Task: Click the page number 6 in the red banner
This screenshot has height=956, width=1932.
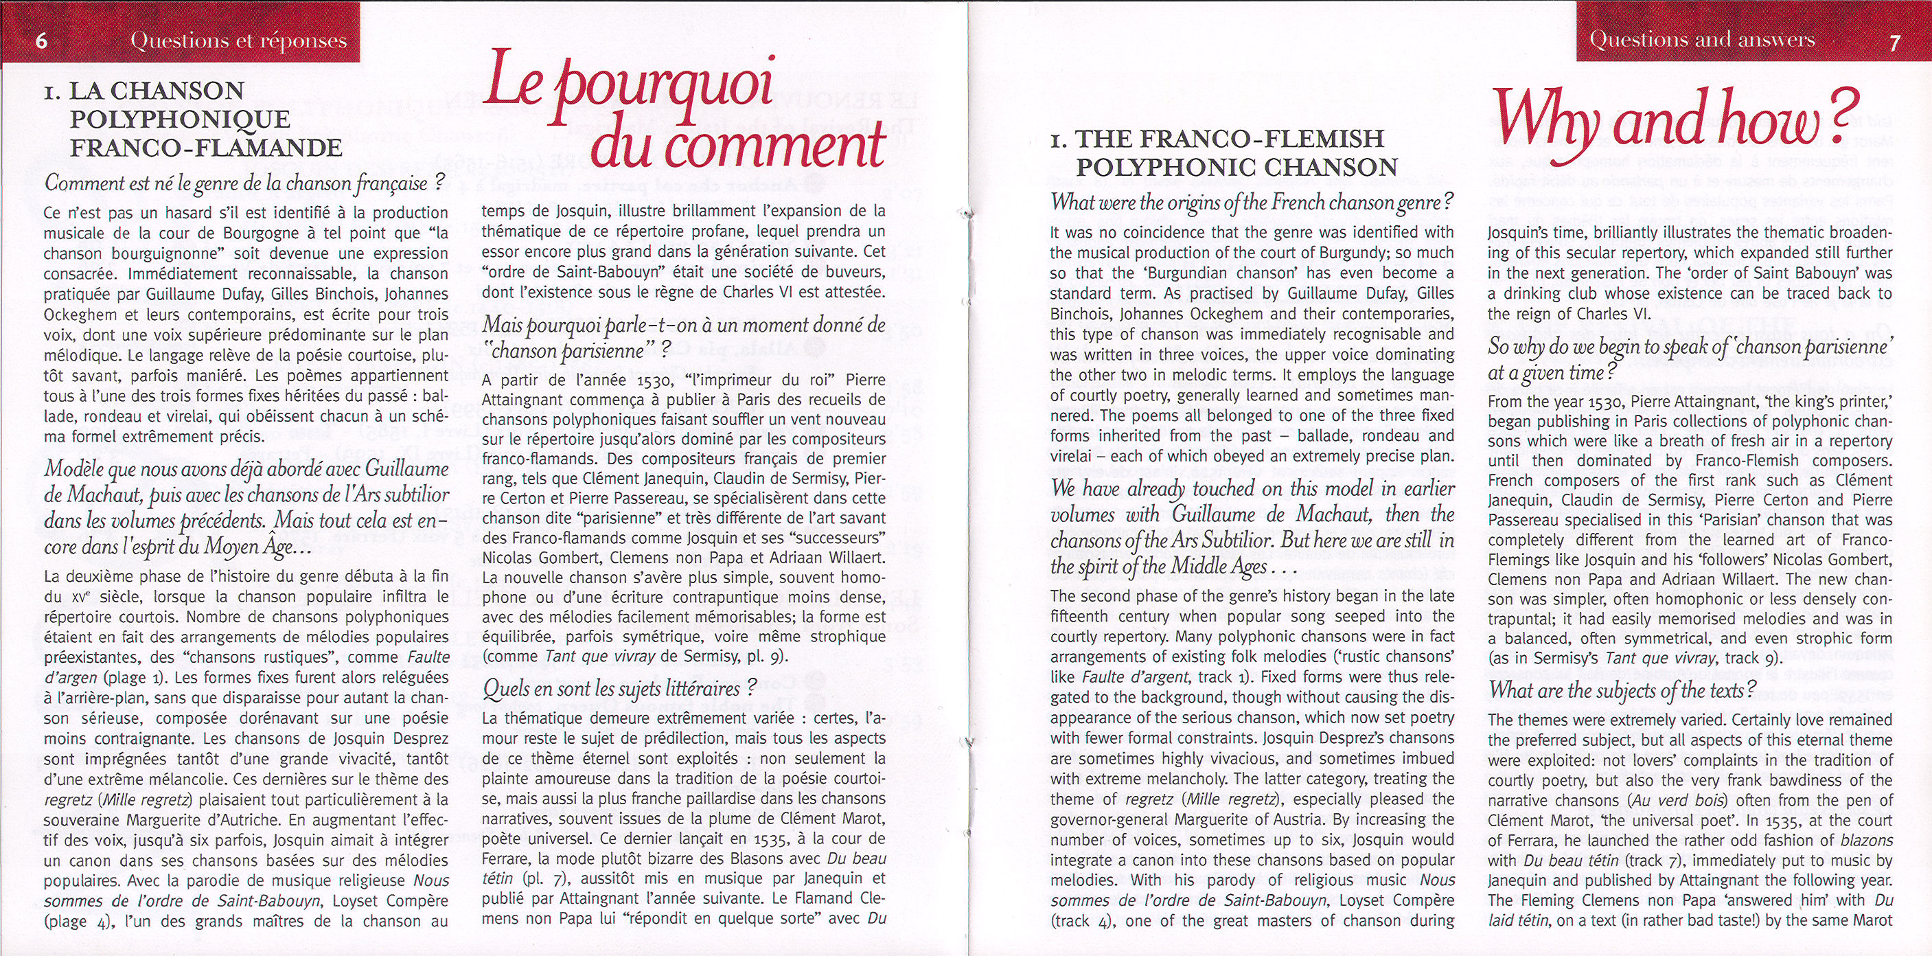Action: (42, 40)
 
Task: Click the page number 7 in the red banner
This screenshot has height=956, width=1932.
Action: (1894, 42)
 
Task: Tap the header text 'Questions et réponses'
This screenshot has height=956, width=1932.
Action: (238, 41)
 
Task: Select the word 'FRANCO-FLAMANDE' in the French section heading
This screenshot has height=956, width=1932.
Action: (206, 147)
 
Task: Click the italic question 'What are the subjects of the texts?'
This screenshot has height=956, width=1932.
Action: (1621, 690)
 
